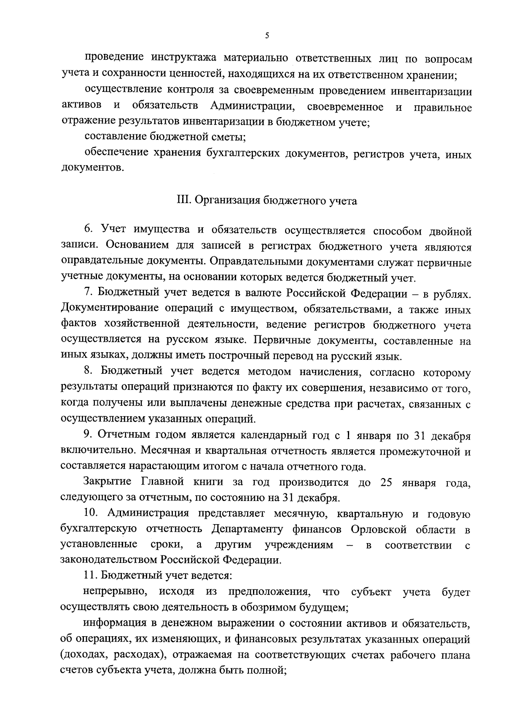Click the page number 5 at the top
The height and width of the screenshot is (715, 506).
pyautogui.click(x=267, y=36)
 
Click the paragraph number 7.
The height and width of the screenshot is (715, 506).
pyautogui.click(x=87, y=292)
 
